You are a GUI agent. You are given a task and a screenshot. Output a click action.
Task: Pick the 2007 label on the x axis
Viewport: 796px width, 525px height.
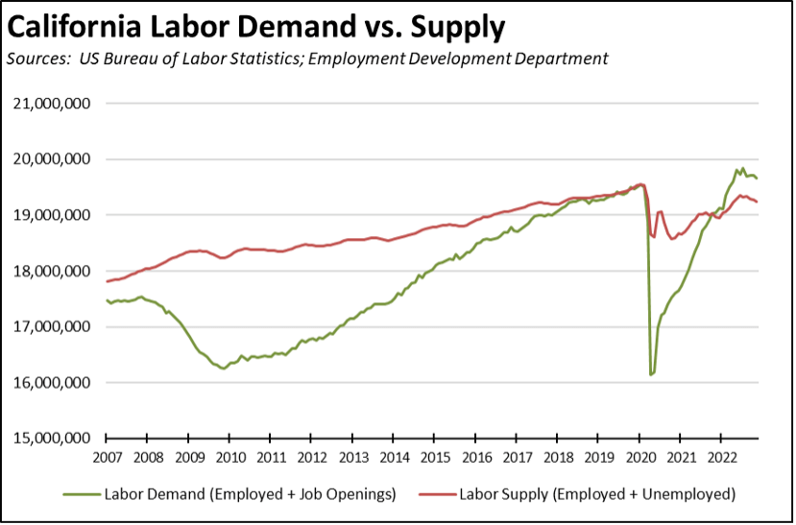coord(107,457)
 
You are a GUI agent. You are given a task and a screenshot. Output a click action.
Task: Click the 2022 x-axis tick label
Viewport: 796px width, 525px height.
coord(722,457)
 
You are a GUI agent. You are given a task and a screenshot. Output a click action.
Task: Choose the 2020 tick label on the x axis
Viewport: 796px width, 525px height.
coord(639,457)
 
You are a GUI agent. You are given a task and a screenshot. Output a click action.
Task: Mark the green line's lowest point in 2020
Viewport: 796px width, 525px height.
coord(651,374)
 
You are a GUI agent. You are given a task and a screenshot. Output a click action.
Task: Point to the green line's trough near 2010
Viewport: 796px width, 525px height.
coord(224,369)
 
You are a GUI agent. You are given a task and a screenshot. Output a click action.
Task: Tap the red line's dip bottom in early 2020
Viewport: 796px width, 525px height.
coord(654,237)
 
